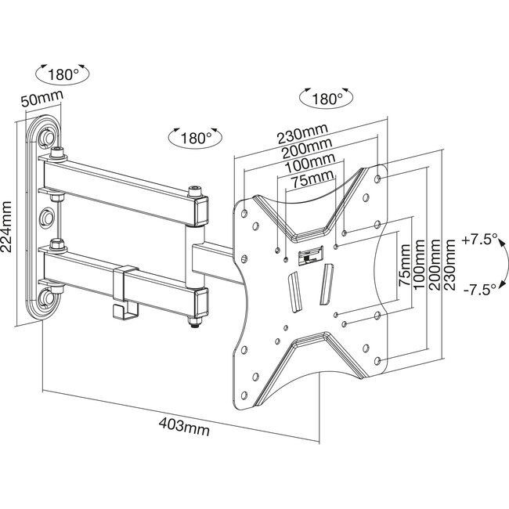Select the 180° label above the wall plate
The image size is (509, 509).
coord(63,76)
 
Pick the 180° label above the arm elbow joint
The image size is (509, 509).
coord(193,138)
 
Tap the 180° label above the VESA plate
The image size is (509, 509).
coord(326,99)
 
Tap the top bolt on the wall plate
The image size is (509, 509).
coord(49,138)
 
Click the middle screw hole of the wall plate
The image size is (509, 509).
coord(49,214)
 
